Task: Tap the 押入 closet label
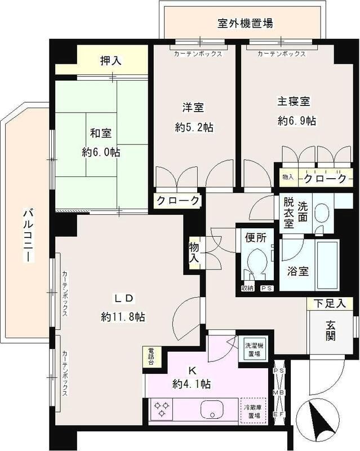[111, 60]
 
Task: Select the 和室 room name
[100, 134]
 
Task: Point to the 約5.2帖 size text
[194, 128]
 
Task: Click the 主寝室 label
[293, 103]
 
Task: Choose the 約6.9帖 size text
[296, 121]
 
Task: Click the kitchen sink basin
[211, 410]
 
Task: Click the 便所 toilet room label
[255, 238]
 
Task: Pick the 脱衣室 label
[288, 212]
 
